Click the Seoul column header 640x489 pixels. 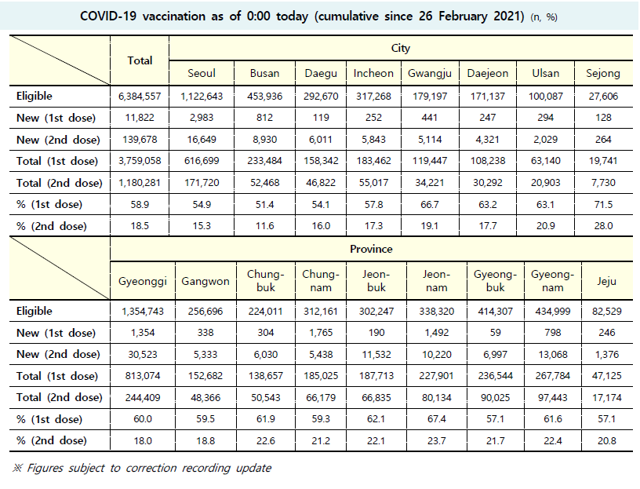pyautogui.click(x=202, y=73)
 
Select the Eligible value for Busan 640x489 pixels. pyautogui.click(x=264, y=97)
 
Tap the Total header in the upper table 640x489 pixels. pyautogui.click(x=140, y=60)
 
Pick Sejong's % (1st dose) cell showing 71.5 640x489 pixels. pyautogui.click(x=603, y=204)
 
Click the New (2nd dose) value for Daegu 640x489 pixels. pyautogui.click(x=321, y=140)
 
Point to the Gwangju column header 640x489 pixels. pyautogui.click(x=430, y=73)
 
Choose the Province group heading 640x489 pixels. pyautogui.click(x=371, y=249)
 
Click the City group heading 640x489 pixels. pyautogui.click(x=401, y=48)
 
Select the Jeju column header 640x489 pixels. pyautogui.click(x=606, y=281)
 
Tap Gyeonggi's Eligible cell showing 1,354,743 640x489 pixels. pyautogui.click(x=143, y=312)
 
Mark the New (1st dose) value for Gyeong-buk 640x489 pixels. pyautogui.click(x=495, y=333)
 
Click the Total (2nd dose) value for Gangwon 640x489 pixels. pyautogui.click(x=205, y=397)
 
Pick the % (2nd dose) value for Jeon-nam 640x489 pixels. pyautogui.click(x=436, y=441)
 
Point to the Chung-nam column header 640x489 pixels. pyautogui.click(x=321, y=281)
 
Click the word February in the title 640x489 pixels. pyautogui.click(x=463, y=16)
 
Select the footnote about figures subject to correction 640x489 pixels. pyautogui.click(x=142, y=468)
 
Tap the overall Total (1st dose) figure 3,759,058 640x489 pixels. pyautogui.click(x=140, y=161)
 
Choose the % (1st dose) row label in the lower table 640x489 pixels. pyautogui.click(x=49, y=419)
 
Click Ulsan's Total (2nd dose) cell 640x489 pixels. pyautogui.click(x=545, y=183)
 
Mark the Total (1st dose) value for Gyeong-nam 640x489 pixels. pyautogui.click(x=553, y=376)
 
